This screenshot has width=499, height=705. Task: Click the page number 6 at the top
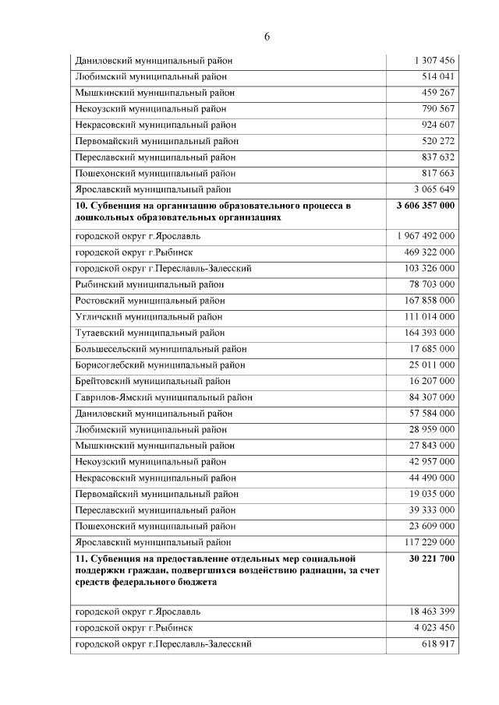click(x=267, y=37)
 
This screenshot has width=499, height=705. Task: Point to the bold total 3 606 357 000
click(x=426, y=206)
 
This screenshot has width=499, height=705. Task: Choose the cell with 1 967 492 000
click(x=426, y=235)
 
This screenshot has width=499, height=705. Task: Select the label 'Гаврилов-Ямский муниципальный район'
click(x=164, y=397)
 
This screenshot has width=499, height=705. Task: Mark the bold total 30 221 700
click(x=431, y=559)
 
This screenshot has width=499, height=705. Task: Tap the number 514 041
click(x=437, y=76)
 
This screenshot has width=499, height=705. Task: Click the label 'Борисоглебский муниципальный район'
click(x=161, y=365)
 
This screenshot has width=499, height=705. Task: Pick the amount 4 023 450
click(x=434, y=628)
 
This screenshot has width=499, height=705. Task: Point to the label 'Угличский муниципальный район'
click(x=149, y=316)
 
